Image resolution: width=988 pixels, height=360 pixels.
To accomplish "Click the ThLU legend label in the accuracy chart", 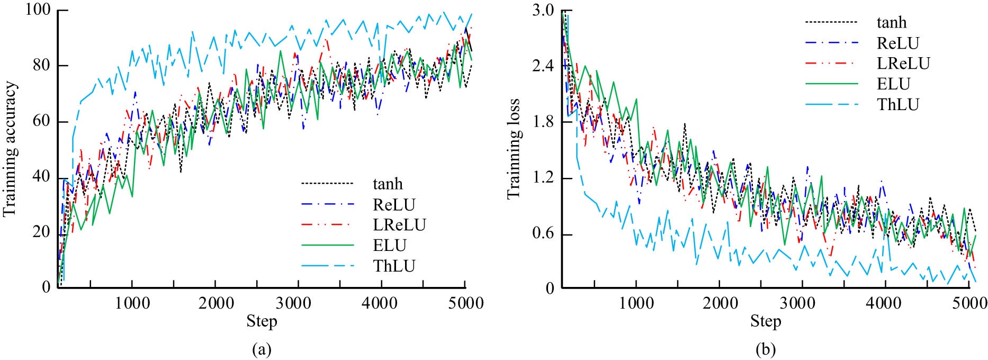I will pyautogui.click(x=394, y=266).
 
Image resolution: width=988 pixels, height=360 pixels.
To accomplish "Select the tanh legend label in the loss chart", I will pyautogui.click(x=892, y=22).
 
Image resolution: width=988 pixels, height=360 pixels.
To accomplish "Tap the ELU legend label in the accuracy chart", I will pyautogui.click(x=390, y=245).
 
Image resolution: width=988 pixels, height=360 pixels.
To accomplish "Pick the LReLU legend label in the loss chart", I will pyautogui.click(x=903, y=64).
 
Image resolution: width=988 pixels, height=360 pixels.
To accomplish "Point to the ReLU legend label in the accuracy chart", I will pyautogui.click(x=394, y=204).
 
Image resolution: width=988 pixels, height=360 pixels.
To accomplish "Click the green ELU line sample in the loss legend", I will pyautogui.click(x=831, y=84).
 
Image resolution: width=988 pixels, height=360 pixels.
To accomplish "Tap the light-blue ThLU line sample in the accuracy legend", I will pyautogui.click(x=327, y=266).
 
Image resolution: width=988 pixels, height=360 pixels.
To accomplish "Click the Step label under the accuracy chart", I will pyautogui.click(x=262, y=321).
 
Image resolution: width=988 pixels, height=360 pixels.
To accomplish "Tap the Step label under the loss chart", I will pyautogui.click(x=766, y=321).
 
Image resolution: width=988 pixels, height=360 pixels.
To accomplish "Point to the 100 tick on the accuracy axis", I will pyautogui.click(x=38, y=11).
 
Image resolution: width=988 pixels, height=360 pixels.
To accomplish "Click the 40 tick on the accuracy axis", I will pyautogui.click(x=41, y=177).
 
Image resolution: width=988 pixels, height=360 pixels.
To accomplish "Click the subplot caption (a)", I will pyautogui.click(x=262, y=349).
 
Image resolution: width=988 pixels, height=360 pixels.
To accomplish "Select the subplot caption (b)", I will pyautogui.click(x=766, y=349).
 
